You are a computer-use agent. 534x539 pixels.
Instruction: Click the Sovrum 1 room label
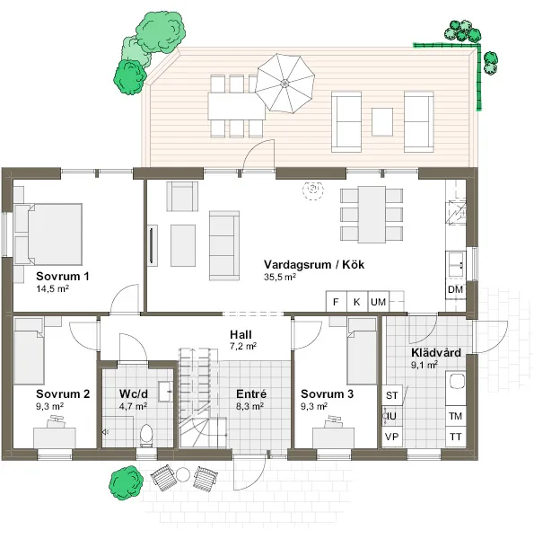(62, 276)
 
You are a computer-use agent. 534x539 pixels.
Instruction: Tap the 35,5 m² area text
(280, 278)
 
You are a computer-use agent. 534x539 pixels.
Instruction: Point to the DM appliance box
(455, 290)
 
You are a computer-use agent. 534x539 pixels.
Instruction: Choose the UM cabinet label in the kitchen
(378, 302)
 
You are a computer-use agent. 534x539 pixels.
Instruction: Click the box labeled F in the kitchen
(336, 302)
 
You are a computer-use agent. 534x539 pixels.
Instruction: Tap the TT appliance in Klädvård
(455, 437)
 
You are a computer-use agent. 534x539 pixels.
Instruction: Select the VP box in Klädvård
(391, 437)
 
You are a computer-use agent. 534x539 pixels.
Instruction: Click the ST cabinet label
(391, 395)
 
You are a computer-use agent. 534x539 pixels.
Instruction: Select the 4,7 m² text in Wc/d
(133, 406)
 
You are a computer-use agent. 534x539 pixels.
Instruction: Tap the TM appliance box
(455, 416)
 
